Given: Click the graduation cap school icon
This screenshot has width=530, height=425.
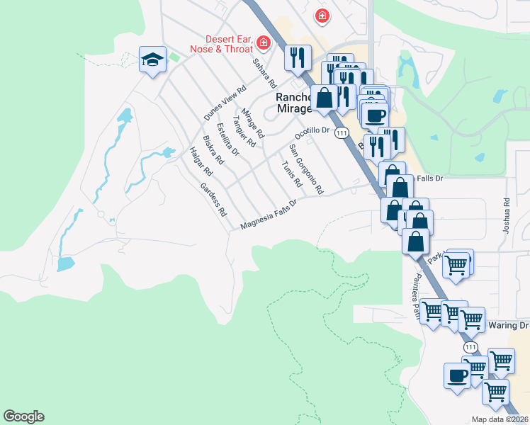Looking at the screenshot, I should pos(152,60).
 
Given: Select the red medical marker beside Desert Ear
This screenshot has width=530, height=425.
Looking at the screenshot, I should pos(264,43).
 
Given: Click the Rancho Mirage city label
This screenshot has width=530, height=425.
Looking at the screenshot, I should pos(293,102).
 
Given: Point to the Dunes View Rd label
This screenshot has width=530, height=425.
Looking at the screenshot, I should pos(225,103).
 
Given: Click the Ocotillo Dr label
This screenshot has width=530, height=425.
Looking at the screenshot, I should pos(312,132).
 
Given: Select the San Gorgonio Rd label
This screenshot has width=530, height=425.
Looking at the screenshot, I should pos(306,169).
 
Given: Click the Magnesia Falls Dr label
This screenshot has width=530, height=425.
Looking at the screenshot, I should pos(268,214).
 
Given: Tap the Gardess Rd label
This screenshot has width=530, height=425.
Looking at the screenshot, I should pos(213,199).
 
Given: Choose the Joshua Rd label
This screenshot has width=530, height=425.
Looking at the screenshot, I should pos(506,216).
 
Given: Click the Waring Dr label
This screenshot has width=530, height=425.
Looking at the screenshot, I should pos(509,325).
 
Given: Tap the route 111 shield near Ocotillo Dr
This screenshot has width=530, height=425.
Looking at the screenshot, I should pos(342,132).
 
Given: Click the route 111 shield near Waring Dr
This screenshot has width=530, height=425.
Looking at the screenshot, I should pos(471,348).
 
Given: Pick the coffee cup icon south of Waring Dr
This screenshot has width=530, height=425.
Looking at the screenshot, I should pos(456,375).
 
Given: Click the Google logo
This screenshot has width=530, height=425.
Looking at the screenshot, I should pos(23,416).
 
